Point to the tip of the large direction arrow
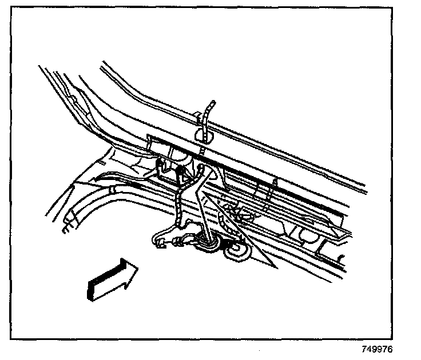(137, 266)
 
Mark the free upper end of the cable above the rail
(213, 103)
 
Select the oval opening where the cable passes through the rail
(205, 135)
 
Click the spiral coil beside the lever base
(234, 250)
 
